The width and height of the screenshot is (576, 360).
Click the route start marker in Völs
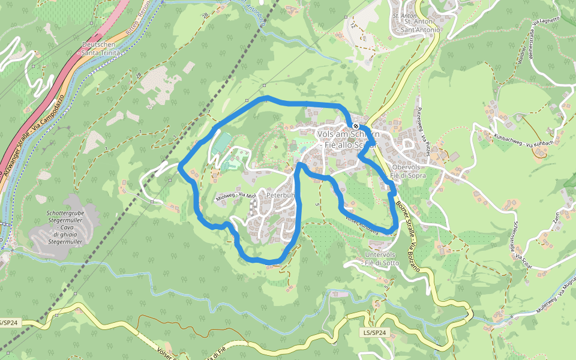coord(356,126)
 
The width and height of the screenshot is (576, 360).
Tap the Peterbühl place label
coord(281,195)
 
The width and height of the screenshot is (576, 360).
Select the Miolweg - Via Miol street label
coord(233,196)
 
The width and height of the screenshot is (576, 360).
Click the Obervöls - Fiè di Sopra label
coord(408,171)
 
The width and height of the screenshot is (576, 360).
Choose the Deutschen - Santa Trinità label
coord(101,49)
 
